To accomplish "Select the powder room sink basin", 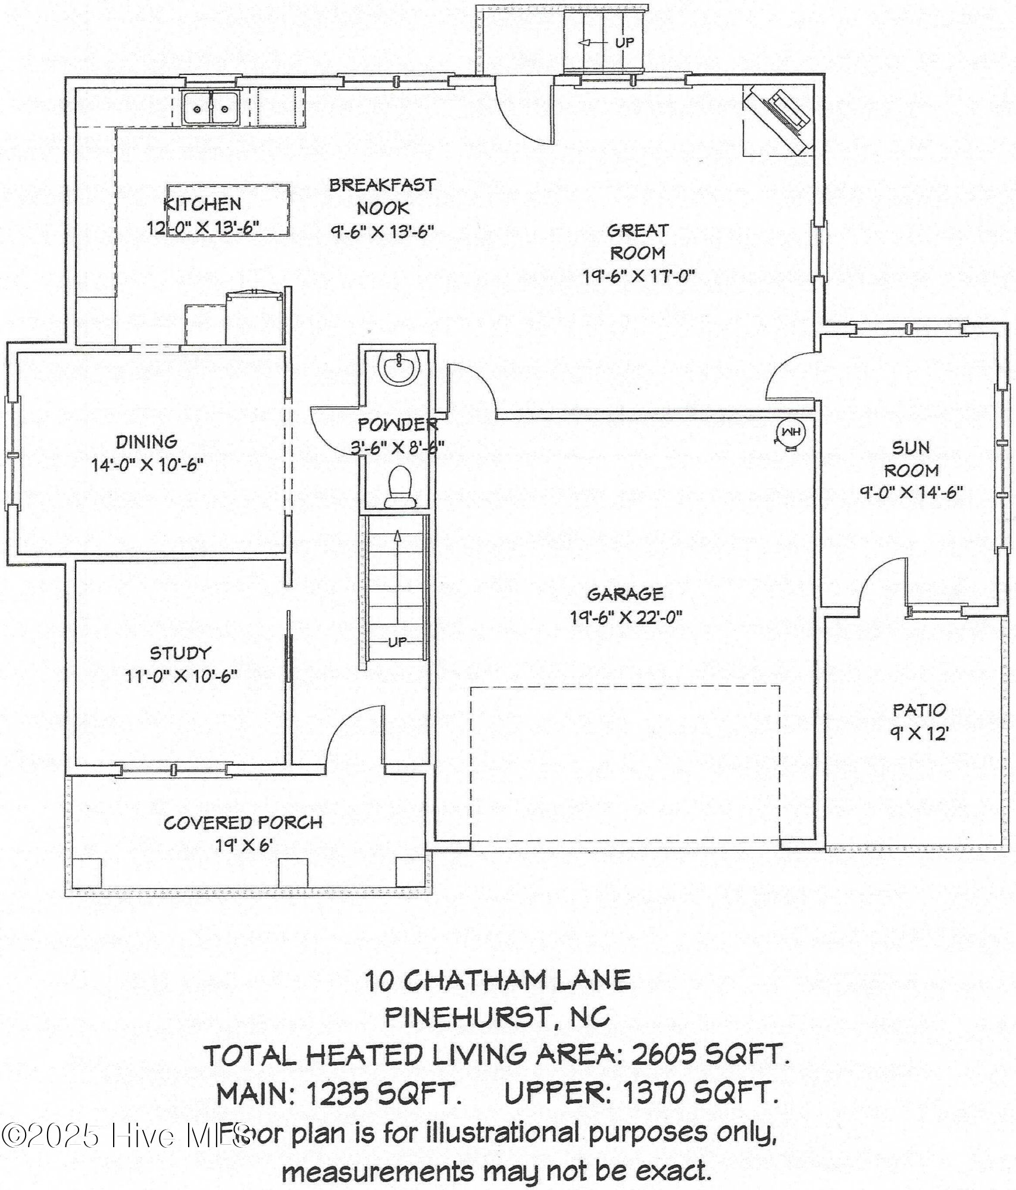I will tap(399, 368).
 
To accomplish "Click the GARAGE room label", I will tap(625, 594).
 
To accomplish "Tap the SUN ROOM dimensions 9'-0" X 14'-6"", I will tap(911, 493).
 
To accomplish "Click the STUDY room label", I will tap(180, 653).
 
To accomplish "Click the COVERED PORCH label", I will tap(243, 823).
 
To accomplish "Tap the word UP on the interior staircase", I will tap(397, 643).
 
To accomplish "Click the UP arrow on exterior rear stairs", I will tap(586, 43).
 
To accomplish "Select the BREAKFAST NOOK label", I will tap(383, 196).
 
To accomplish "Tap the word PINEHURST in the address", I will tap(468, 1017).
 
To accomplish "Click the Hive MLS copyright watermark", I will tap(125, 1136).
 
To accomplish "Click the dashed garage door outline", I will tap(625, 686).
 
